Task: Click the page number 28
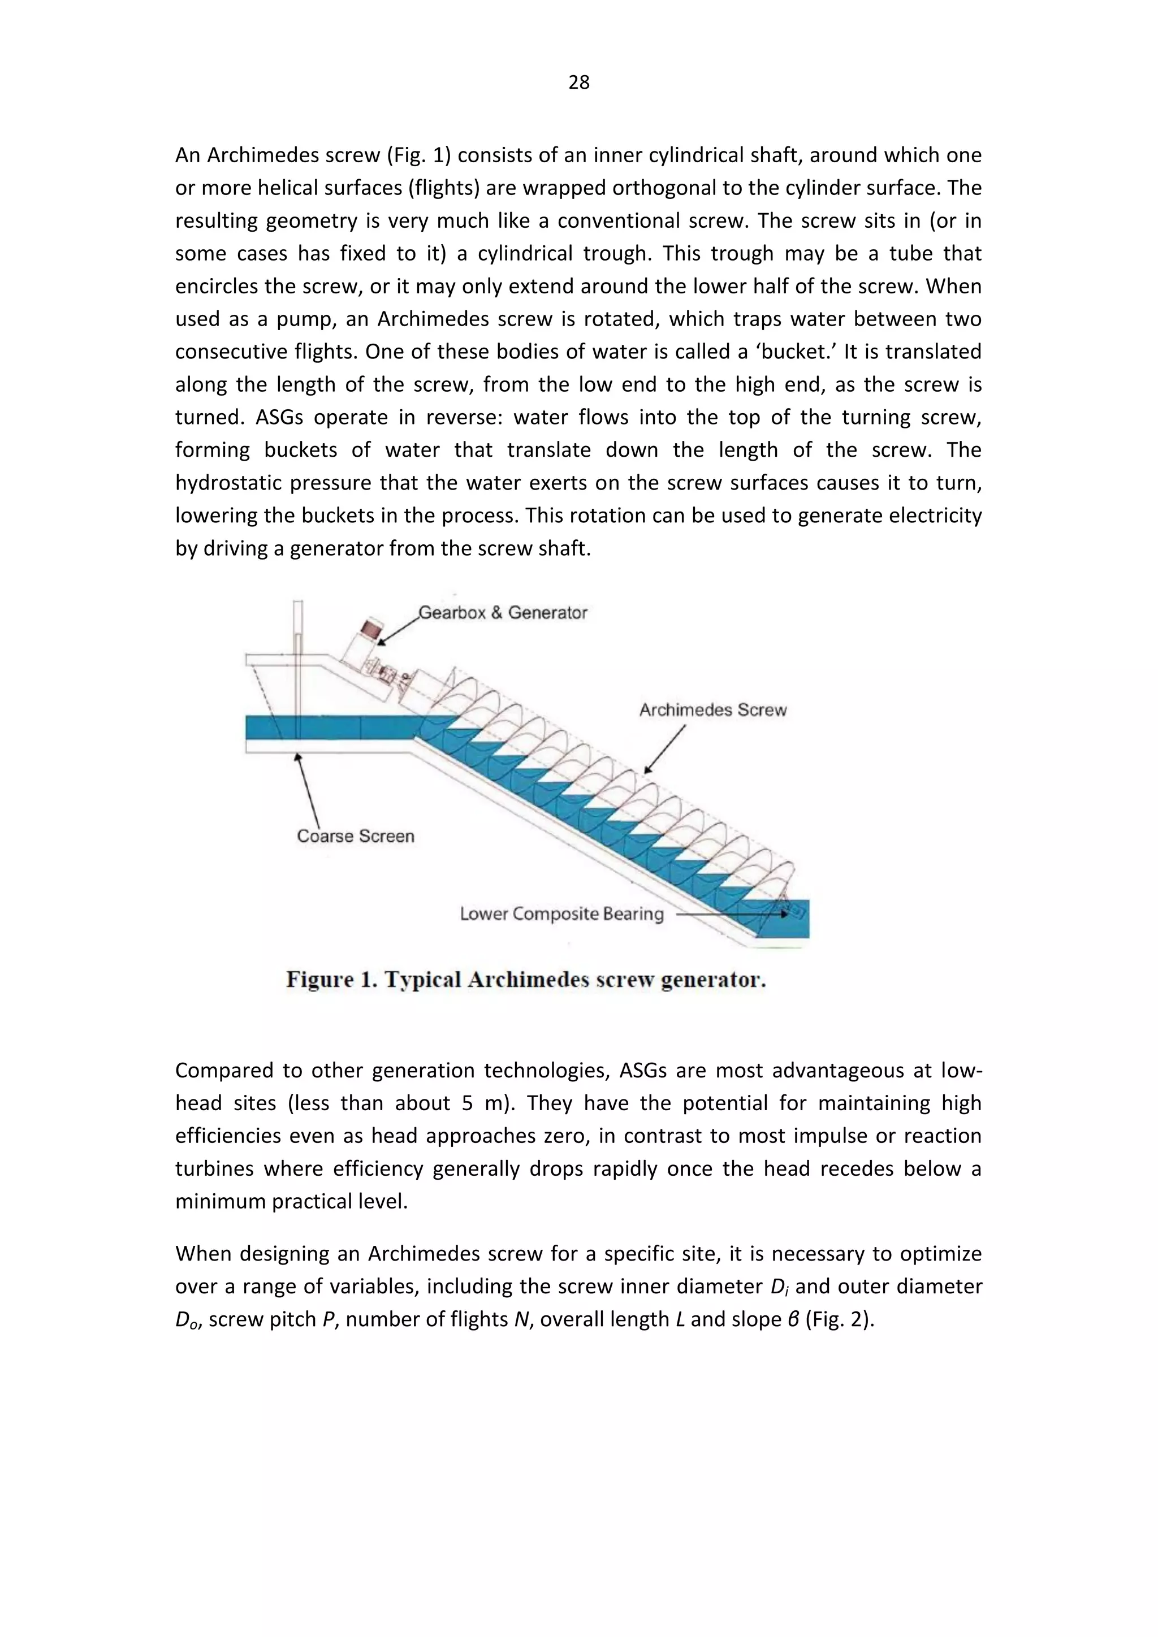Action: (x=578, y=83)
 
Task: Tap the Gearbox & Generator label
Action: (x=503, y=612)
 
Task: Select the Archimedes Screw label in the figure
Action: (x=712, y=710)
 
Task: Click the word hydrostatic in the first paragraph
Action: (x=232, y=483)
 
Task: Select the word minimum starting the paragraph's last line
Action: (x=221, y=1201)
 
